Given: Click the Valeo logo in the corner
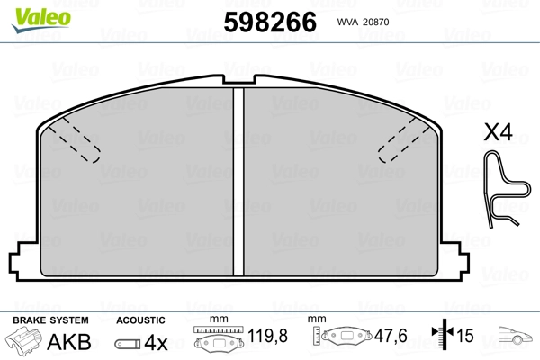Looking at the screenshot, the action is tap(41, 20).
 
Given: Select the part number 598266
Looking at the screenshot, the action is tap(270, 22).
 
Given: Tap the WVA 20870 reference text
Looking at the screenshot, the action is tap(363, 22).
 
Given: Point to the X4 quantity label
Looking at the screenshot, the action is tap(498, 132).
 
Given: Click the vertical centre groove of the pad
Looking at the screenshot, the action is tap(238, 182).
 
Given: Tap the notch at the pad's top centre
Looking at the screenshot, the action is tap(238, 79).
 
